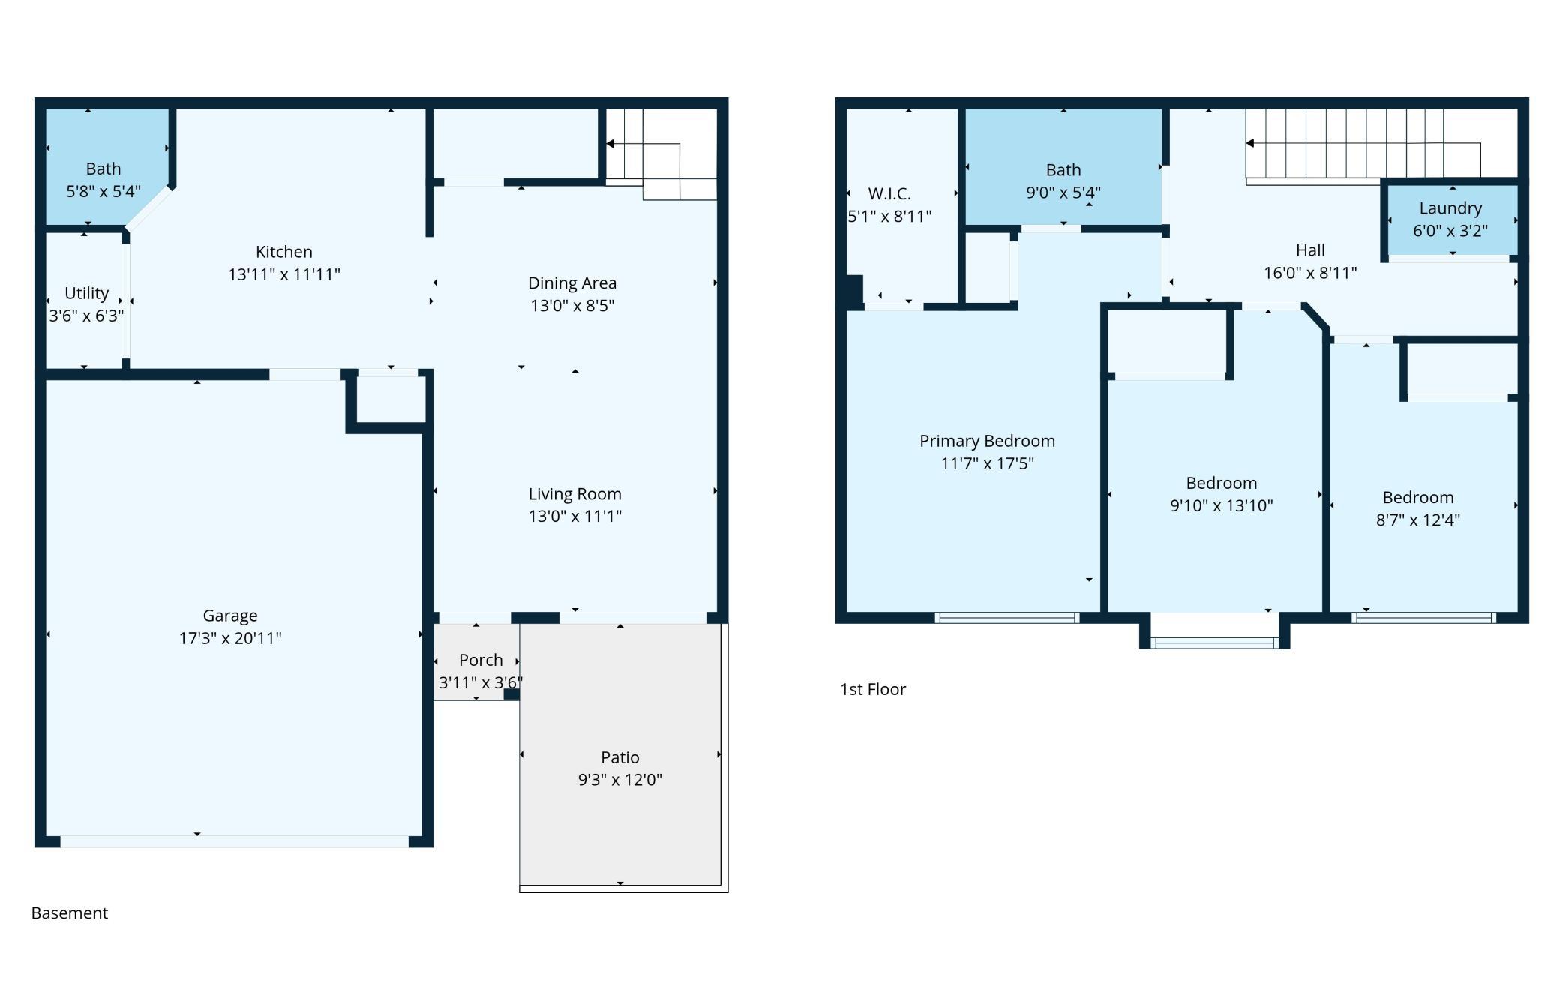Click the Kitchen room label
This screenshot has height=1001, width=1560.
point(284,252)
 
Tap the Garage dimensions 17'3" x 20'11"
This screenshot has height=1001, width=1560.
point(230,638)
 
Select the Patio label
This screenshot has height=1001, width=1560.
point(620,757)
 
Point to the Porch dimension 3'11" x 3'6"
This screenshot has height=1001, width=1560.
point(481,682)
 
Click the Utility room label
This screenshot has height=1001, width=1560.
point(86,293)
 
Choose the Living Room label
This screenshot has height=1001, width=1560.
point(575,494)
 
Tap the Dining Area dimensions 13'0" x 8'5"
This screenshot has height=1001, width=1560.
point(572,305)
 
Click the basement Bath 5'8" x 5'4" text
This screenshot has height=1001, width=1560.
point(103,180)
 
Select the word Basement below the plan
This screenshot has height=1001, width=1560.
point(70,913)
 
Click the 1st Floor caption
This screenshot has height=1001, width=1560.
point(873,689)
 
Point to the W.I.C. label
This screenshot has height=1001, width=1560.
point(889,193)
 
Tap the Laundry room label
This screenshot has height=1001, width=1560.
point(1450,208)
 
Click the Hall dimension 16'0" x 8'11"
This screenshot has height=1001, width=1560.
point(1310,273)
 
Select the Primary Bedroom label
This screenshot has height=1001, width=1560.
point(987,441)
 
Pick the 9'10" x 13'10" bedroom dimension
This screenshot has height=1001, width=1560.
point(1222,505)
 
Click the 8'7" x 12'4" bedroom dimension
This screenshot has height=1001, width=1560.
point(1418,520)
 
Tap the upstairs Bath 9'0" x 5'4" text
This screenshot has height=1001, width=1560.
point(1063,181)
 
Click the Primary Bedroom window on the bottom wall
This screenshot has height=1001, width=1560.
point(1007,618)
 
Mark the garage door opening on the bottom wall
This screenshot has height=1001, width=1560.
point(235,841)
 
